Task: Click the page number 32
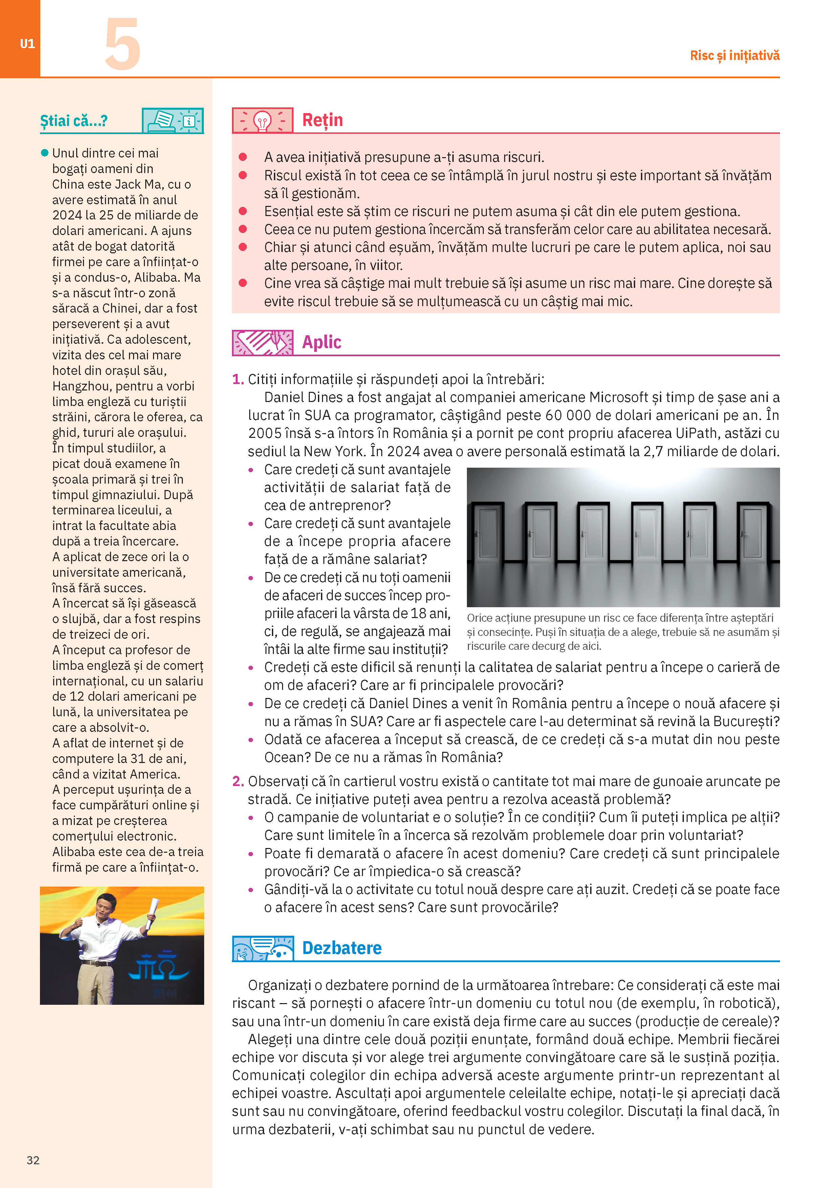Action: (x=33, y=1160)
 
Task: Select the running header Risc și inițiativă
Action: (x=734, y=55)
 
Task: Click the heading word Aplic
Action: (x=321, y=342)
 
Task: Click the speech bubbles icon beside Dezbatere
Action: (x=263, y=948)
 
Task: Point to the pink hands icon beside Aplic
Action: (x=263, y=342)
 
